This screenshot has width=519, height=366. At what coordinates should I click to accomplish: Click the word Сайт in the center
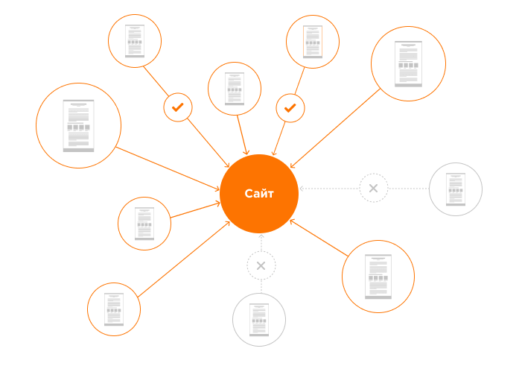click(x=259, y=195)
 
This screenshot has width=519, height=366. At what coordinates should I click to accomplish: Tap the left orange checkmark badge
click(x=178, y=107)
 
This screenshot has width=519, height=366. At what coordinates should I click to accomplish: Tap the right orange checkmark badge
click(x=290, y=108)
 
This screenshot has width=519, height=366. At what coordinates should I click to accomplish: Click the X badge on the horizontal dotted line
click(x=373, y=188)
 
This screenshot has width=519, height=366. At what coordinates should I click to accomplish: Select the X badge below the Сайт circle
click(x=261, y=265)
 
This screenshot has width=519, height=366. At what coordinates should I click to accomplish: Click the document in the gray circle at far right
click(x=456, y=189)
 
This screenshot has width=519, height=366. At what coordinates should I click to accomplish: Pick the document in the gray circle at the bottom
click(x=259, y=320)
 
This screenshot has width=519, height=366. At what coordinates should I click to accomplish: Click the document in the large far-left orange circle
click(x=78, y=125)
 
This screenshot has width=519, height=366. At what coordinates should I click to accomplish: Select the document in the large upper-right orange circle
click(x=408, y=64)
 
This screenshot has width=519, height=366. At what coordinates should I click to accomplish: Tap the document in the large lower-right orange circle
click(x=378, y=277)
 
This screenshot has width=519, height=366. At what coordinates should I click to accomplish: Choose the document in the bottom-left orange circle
click(x=114, y=309)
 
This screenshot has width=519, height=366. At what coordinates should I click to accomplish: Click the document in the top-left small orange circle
click(x=135, y=42)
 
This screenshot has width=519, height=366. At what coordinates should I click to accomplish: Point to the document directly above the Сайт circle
click(x=235, y=89)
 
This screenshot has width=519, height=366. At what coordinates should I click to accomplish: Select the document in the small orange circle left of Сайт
click(x=144, y=224)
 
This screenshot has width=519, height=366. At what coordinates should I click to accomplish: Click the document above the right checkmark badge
click(x=313, y=42)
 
